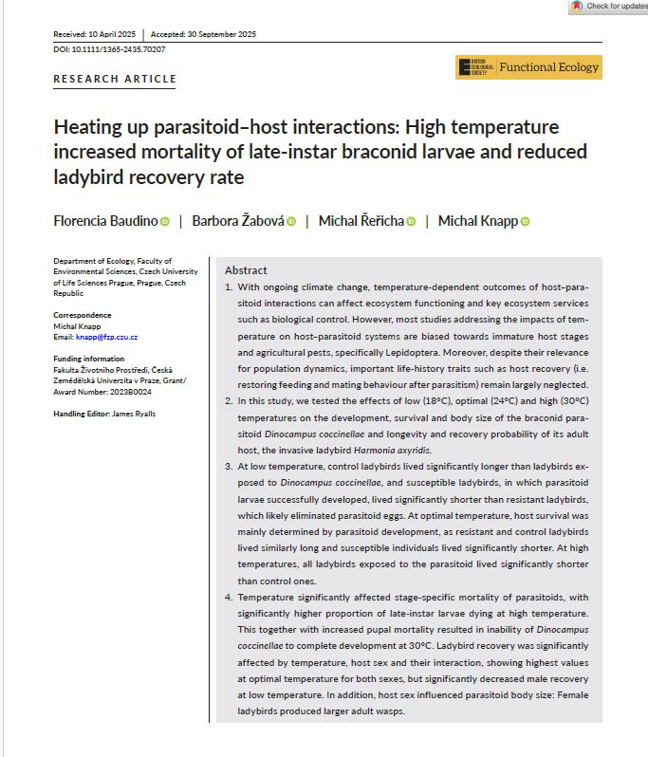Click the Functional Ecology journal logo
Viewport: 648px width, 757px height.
pos(528,67)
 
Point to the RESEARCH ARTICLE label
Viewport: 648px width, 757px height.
pos(115,79)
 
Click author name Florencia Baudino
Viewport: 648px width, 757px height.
pos(105,221)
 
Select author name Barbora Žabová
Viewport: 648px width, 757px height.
pos(237,221)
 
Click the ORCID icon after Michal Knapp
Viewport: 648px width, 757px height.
pos(525,222)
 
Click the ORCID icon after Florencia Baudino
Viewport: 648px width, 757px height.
pos(164,222)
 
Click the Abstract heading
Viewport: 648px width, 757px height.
pos(246,270)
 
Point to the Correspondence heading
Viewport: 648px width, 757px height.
pos(83,315)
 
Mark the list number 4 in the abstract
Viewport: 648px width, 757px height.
pos(228,598)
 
